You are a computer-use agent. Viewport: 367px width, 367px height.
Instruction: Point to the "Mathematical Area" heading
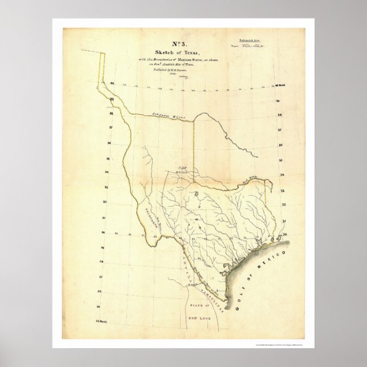[247, 42]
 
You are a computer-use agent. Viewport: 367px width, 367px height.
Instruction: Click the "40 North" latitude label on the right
[279, 85]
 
